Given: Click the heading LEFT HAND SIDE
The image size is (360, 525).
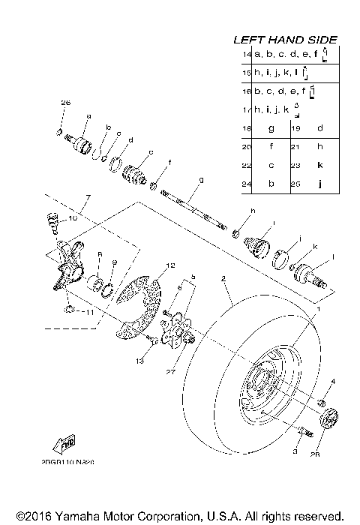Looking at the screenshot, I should (286, 40).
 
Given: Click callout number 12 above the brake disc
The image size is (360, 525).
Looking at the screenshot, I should (170, 265).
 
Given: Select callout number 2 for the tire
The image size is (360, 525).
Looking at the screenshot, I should (223, 278).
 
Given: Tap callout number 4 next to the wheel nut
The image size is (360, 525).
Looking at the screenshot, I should (334, 382).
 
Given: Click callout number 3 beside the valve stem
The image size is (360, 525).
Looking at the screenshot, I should (295, 452).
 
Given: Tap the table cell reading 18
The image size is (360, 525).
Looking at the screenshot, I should (247, 128).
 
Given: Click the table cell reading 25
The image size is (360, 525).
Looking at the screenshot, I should (296, 182).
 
